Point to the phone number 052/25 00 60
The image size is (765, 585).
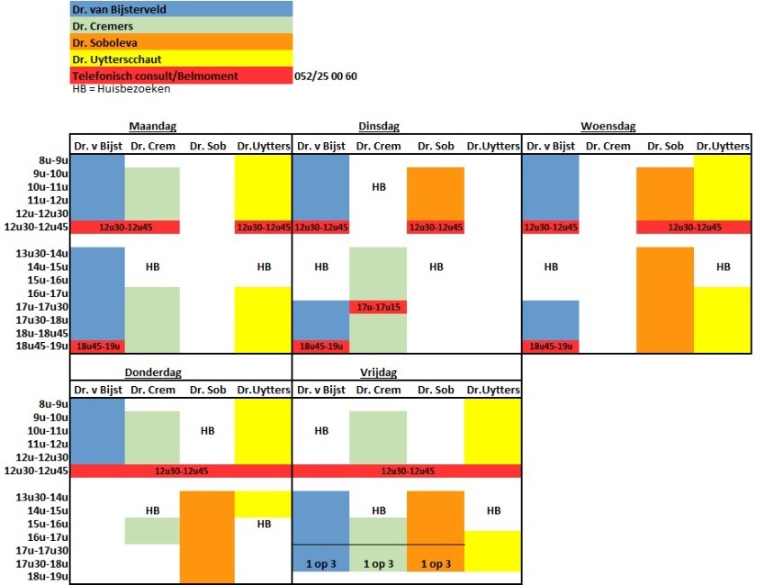click(326, 76)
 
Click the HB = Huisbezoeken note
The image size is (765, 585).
click(121, 89)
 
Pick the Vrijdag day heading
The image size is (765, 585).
click(378, 372)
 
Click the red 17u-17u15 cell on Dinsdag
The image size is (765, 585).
click(378, 307)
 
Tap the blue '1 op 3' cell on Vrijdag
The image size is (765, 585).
click(320, 563)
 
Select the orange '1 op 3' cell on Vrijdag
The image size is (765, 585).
click(436, 563)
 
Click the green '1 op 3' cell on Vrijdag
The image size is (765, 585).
click(378, 563)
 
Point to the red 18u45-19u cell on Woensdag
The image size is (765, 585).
click(551, 346)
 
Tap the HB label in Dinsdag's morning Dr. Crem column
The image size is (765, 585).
click(378, 187)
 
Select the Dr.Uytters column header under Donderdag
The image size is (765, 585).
click(264, 390)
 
